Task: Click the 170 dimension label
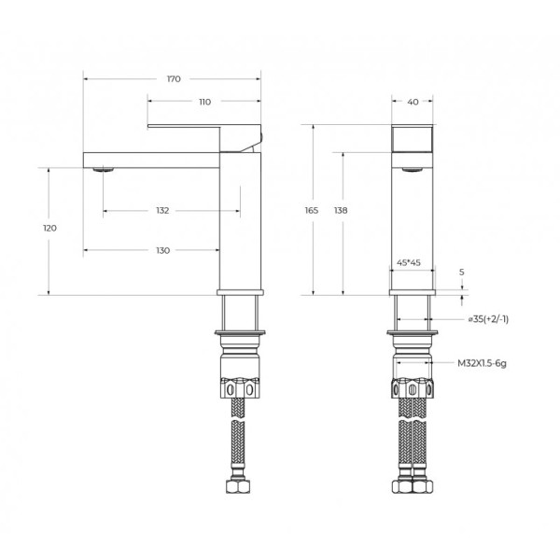click(173, 78)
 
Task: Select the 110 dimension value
click(204, 101)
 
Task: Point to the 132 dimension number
click(163, 211)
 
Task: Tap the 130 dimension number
click(162, 250)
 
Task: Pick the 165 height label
click(312, 211)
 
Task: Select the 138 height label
click(341, 211)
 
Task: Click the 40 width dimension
click(413, 101)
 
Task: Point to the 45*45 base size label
click(410, 263)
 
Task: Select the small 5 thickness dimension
click(461, 272)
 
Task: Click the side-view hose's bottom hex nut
click(240, 488)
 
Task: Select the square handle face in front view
click(412, 138)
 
